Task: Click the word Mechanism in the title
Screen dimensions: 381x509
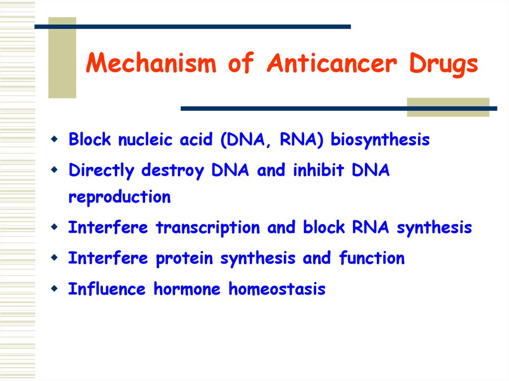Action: coord(151,64)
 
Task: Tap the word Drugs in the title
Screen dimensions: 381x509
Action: coord(443,64)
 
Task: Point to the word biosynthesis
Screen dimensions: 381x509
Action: coord(380,141)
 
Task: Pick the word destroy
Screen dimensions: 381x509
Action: coord(172,171)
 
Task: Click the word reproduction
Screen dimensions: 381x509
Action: coord(119,197)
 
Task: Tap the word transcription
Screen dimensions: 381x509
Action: coord(208,228)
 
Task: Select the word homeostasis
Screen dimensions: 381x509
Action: coord(277,289)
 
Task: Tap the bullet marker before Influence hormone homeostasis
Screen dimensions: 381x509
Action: coord(54,287)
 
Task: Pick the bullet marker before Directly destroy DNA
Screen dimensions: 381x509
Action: coord(54,169)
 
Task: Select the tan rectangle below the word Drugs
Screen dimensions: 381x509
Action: coord(448,107)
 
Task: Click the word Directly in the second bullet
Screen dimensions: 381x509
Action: coord(101,171)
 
